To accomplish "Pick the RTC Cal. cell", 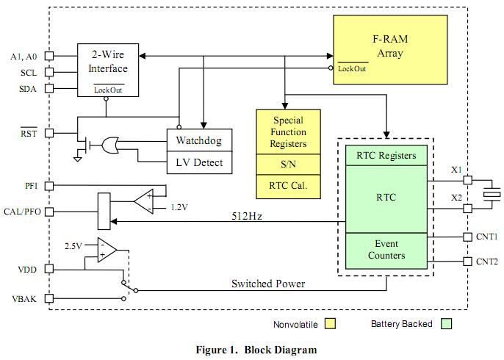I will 289,187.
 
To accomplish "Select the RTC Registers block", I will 386,155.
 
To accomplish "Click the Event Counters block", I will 386,250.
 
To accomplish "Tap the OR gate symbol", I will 112,146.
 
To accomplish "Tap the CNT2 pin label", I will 486,262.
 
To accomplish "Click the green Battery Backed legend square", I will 444,324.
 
